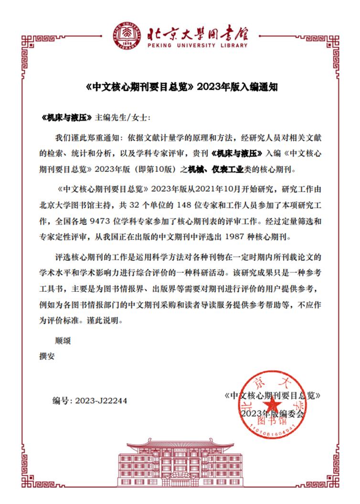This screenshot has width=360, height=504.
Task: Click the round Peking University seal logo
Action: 127,35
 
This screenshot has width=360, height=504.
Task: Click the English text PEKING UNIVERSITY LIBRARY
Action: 196,46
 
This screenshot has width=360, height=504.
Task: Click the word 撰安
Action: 46,356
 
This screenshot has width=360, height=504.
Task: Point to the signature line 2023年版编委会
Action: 272,413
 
